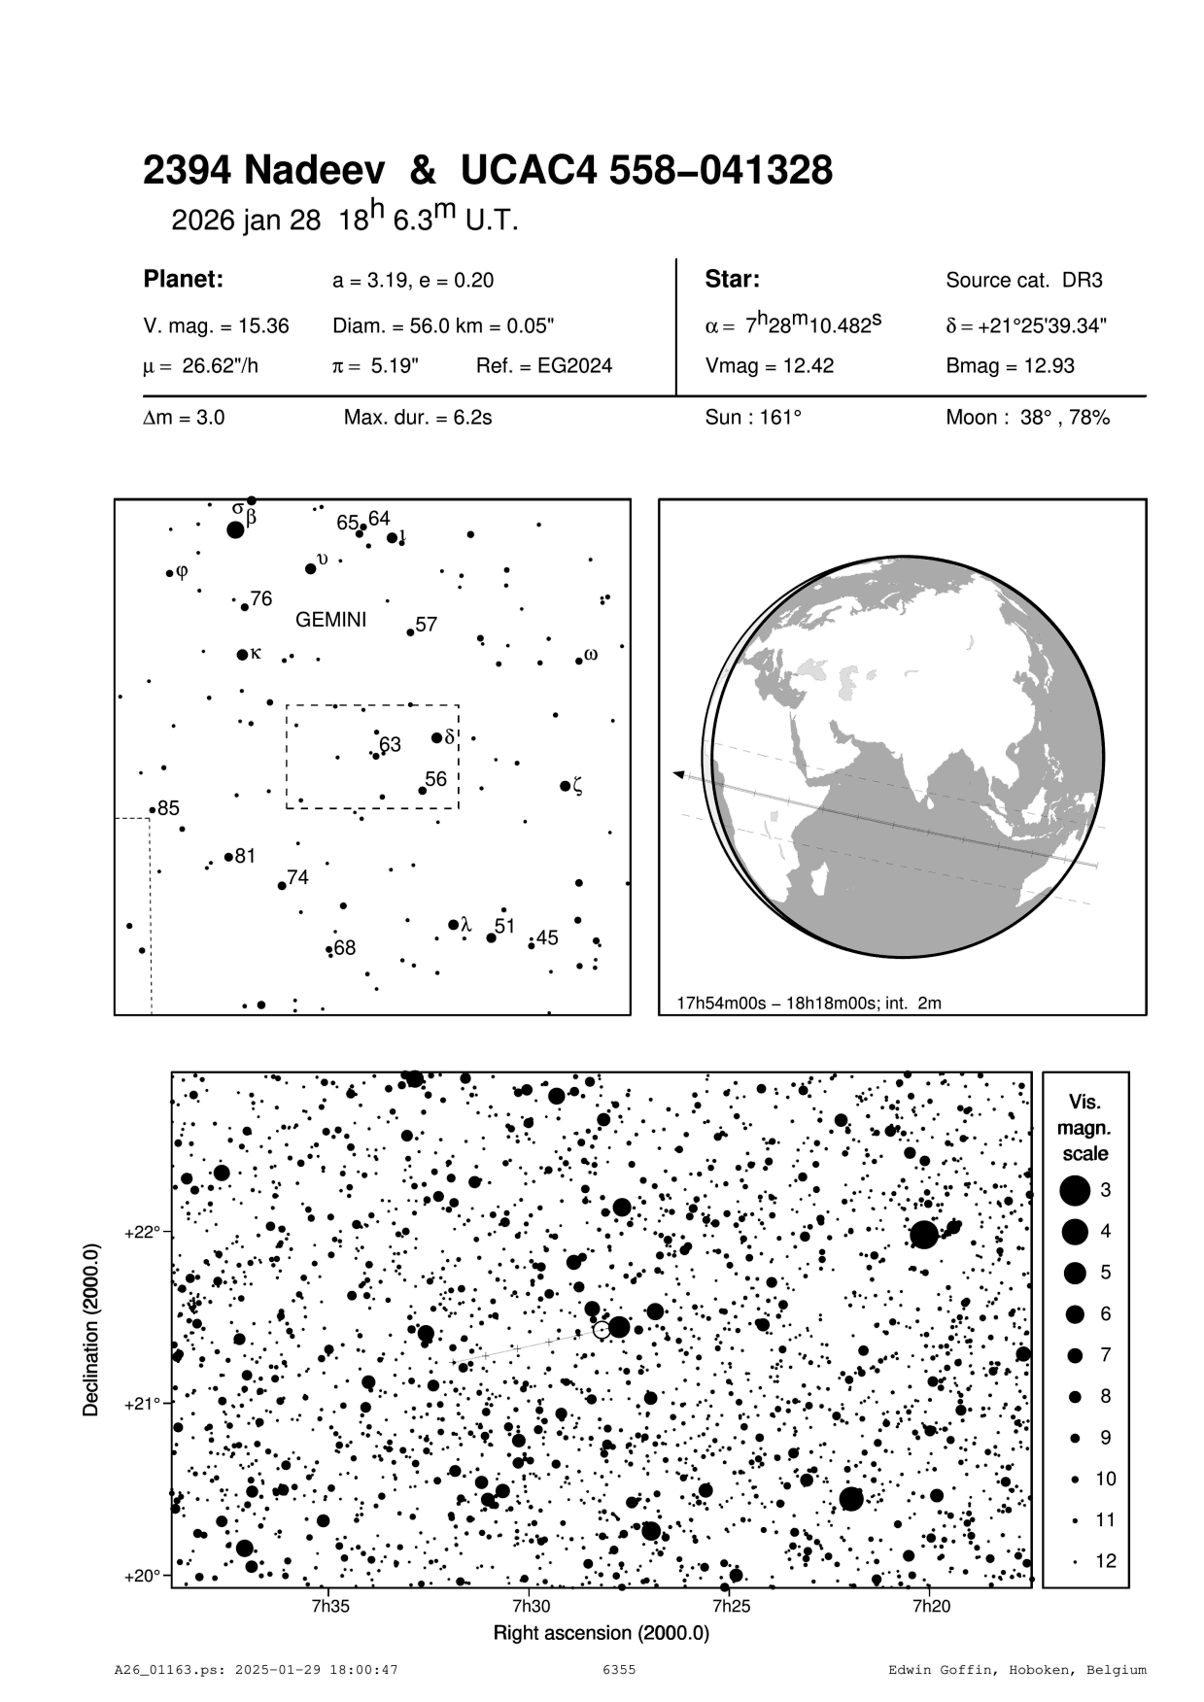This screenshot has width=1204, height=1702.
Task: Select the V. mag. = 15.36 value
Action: [x=216, y=326]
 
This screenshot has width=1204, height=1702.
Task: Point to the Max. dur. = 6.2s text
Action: [x=417, y=418]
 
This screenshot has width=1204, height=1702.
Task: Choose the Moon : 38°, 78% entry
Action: [x=1027, y=418]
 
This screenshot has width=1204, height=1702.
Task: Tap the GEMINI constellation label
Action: [x=330, y=620]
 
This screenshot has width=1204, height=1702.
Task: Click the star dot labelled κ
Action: [x=242, y=655]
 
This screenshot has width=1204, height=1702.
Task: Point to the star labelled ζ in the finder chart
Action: [x=565, y=785]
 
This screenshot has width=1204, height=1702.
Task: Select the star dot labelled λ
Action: [x=453, y=925]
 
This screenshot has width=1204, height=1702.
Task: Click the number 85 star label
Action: [x=169, y=808]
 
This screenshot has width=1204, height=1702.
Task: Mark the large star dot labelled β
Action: [x=235, y=529]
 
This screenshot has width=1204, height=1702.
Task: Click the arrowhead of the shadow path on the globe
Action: [x=678, y=774]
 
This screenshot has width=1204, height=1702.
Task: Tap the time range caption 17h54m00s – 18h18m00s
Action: [x=808, y=1003]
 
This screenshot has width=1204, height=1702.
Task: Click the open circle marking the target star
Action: [x=602, y=1329]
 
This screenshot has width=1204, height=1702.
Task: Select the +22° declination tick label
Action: [x=141, y=1233]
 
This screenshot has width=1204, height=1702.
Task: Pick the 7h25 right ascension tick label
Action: [x=730, y=1606]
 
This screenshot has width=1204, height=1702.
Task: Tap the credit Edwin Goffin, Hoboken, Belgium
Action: [x=1017, y=1670]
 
